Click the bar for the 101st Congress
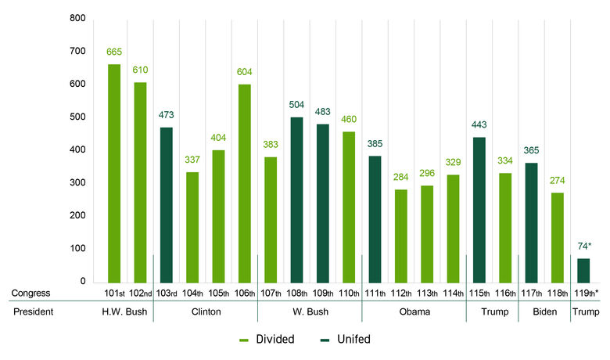point(114,173)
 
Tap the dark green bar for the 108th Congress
point(296,200)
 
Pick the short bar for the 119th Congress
point(583,270)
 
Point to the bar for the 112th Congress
point(400,236)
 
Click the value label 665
point(114,52)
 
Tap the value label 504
point(296,105)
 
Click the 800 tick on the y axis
point(77,18)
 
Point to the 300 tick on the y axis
point(77,183)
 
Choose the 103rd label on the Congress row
point(166,293)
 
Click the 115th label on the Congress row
point(479,293)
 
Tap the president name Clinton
point(205,312)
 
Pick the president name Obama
point(414,312)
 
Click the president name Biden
point(544,312)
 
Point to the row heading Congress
point(30,293)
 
